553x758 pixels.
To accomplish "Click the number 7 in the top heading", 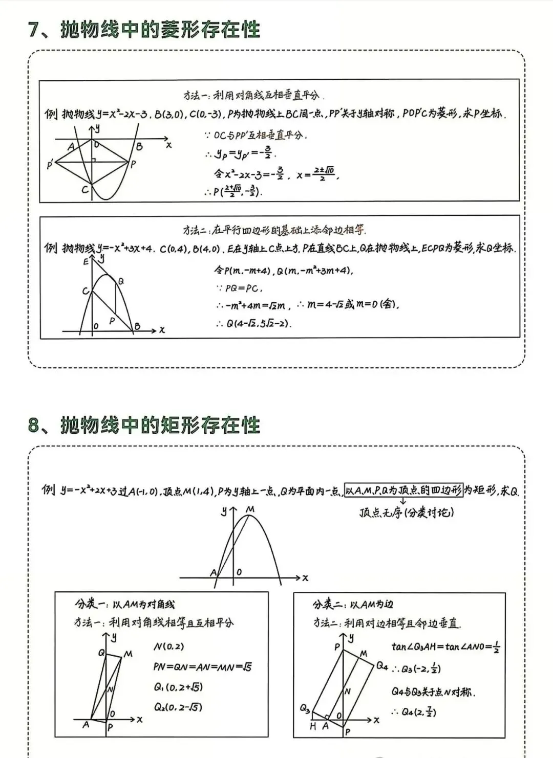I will [34, 30].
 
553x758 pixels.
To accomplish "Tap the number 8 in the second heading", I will [34, 426].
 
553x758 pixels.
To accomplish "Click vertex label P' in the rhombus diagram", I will [50, 165].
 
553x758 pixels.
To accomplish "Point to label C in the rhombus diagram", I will [85, 190].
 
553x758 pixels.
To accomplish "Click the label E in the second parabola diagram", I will [86, 261].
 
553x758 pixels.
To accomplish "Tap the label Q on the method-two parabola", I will [121, 281].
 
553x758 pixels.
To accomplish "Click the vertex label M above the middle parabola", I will [250, 509].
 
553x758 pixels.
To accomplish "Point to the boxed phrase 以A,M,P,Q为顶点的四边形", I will [403, 491].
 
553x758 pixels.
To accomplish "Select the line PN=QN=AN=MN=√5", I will [202, 667].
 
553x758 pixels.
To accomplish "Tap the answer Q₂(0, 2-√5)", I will [178, 707].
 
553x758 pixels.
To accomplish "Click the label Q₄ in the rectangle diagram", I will [382, 665].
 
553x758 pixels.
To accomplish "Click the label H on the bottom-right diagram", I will [313, 726].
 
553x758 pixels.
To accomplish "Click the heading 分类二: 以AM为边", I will [353, 605].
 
